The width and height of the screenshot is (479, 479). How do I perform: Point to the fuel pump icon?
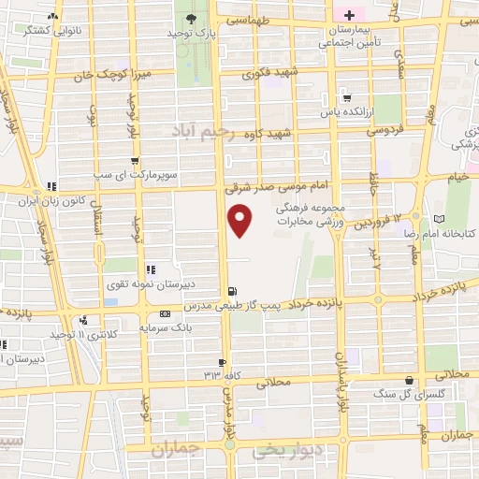click(232, 291)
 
